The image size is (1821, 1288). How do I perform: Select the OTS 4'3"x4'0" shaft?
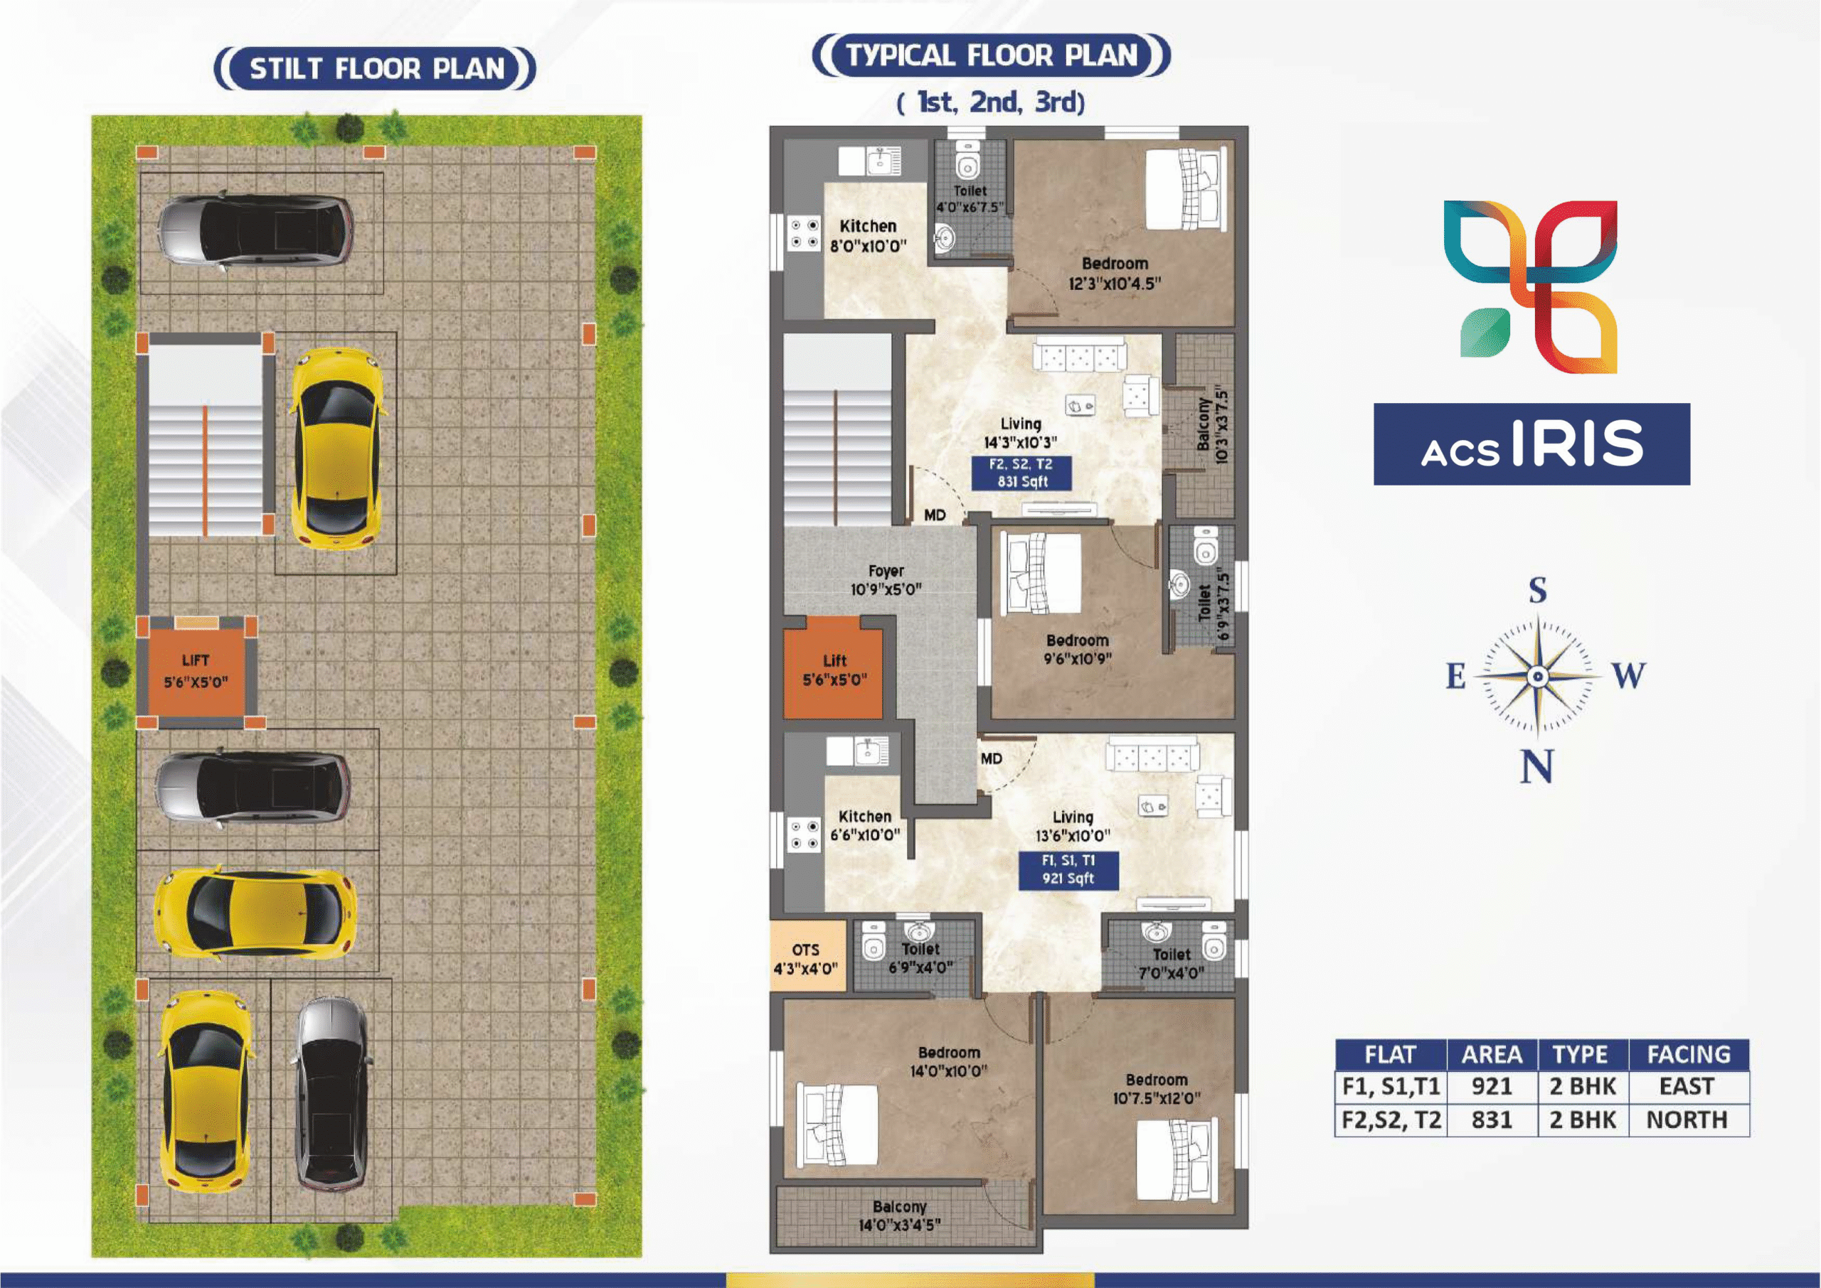tap(807, 958)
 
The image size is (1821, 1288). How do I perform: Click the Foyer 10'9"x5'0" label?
tap(886, 580)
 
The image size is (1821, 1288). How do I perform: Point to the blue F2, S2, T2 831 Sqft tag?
tap(1021, 473)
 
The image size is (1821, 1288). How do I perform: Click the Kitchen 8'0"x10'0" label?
tap(868, 236)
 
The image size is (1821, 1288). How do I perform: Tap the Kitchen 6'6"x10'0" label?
tap(865, 826)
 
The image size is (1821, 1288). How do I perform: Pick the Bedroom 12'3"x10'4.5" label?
tap(1115, 274)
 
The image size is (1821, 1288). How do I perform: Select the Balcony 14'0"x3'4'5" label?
tap(899, 1215)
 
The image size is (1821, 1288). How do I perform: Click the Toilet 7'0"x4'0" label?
tap(1171, 964)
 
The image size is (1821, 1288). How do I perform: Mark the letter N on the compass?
tap(1536, 767)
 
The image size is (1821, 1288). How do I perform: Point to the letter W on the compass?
tap(1628, 676)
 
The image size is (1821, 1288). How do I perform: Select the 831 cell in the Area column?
tap(1492, 1120)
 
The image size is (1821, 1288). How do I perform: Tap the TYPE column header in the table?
tap(1581, 1054)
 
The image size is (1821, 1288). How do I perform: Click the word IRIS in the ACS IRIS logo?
tap(1578, 444)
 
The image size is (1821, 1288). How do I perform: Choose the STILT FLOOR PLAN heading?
tap(377, 69)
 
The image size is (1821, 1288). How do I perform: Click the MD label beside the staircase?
tap(935, 515)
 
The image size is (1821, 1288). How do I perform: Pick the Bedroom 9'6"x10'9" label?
tap(1077, 649)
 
